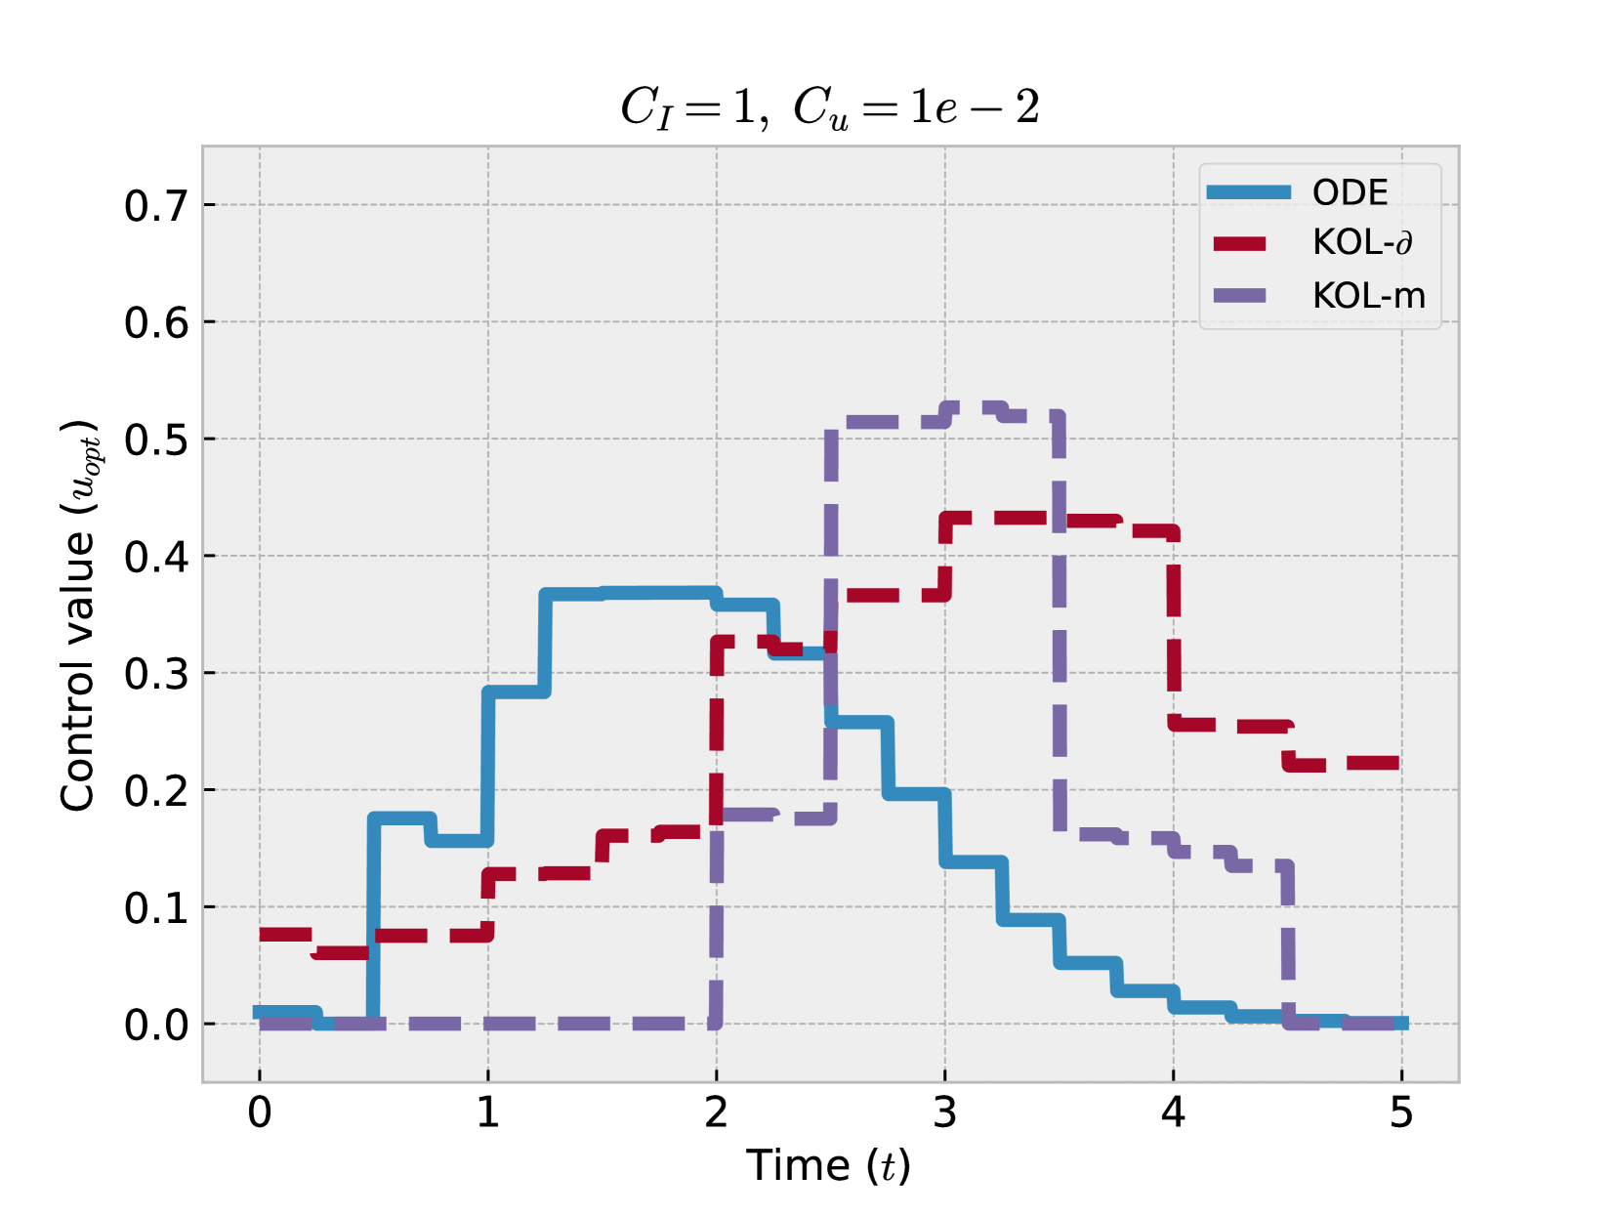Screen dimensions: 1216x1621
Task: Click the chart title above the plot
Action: (x=830, y=107)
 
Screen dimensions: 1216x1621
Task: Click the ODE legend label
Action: (x=1350, y=192)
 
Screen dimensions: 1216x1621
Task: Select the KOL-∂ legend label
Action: (x=1362, y=242)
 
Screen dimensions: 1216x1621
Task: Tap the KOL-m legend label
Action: (x=1368, y=295)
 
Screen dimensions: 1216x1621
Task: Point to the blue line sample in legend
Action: (x=1248, y=192)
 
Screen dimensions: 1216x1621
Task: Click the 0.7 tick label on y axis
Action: (x=156, y=206)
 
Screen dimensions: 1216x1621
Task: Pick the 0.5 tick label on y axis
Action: (x=156, y=440)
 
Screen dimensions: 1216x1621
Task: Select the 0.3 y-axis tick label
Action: (x=156, y=674)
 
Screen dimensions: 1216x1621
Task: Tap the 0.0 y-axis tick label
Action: (x=156, y=1025)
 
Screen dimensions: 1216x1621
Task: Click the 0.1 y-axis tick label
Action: (x=156, y=908)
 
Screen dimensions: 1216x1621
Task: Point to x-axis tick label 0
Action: (x=260, y=1112)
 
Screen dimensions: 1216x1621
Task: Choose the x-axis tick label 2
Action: (x=717, y=1112)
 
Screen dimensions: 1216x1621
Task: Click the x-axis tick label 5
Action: (x=1401, y=1112)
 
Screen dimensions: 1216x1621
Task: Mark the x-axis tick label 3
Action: (x=945, y=1112)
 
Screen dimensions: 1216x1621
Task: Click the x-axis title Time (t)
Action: (x=828, y=1165)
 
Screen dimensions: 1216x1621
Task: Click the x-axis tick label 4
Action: (x=1173, y=1112)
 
